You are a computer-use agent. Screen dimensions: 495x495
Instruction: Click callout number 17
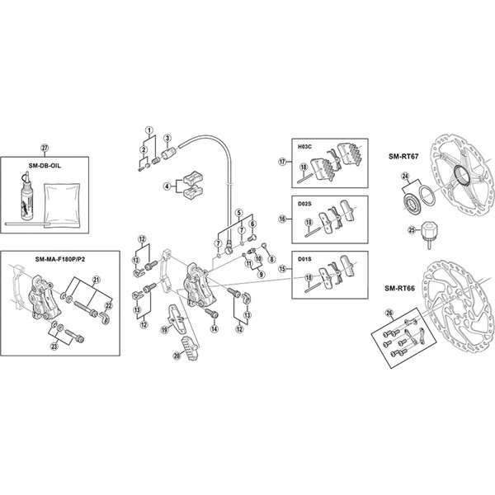282,163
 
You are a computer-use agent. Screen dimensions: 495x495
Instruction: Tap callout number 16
282,220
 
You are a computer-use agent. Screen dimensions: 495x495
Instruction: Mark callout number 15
282,269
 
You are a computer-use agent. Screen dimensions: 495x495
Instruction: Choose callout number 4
168,186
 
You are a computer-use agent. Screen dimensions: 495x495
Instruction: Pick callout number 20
175,356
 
